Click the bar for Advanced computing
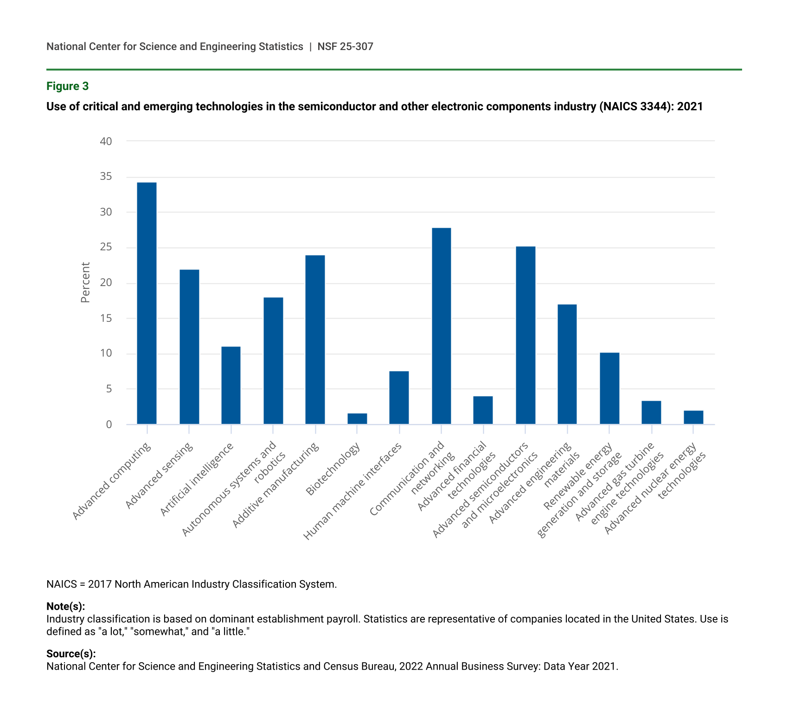click(x=147, y=303)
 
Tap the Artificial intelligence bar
click(x=231, y=385)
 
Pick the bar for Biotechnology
click(x=357, y=419)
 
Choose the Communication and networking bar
click(x=441, y=326)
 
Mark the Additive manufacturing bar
click(x=315, y=339)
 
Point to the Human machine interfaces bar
click(x=399, y=397)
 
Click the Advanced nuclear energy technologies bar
click(x=693, y=417)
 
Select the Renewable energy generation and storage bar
click(x=609, y=388)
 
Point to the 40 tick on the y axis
click(x=106, y=141)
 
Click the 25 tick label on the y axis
click(x=106, y=247)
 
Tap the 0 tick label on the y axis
click(x=109, y=424)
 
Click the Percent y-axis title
click(x=85, y=282)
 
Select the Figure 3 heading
click(x=67, y=86)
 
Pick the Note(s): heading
click(x=65, y=607)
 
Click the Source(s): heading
click(x=71, y=654)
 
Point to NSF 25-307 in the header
click(x=345, y=46)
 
